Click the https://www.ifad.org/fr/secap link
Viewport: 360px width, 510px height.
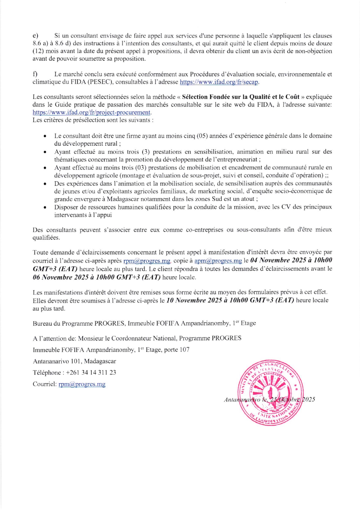219,82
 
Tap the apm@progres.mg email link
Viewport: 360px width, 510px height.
218,261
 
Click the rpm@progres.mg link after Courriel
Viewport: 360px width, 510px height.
82,384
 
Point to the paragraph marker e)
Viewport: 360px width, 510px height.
35,36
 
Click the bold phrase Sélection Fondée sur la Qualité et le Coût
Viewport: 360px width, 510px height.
241,97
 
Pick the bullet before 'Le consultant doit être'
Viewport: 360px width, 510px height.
45,136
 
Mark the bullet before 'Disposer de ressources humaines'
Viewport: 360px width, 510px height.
45,207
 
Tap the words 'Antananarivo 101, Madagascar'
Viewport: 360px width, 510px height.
74,361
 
